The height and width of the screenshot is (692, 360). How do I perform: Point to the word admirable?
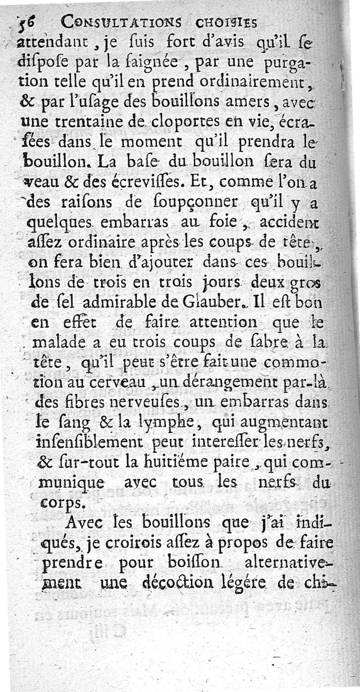132,301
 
